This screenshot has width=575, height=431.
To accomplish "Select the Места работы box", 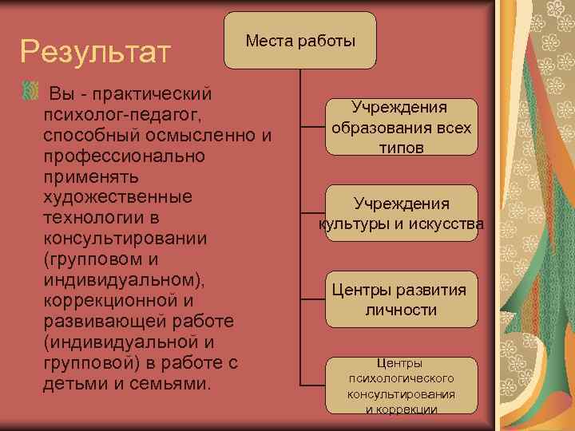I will [300, 40].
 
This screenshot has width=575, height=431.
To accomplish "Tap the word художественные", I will [118, 196].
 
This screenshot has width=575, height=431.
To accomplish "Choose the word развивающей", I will [102, 322].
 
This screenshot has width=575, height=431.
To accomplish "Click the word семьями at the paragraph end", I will [173, 384].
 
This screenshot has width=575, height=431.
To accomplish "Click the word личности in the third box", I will [401, 310].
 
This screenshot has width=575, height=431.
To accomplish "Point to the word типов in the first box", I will [401, 148].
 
